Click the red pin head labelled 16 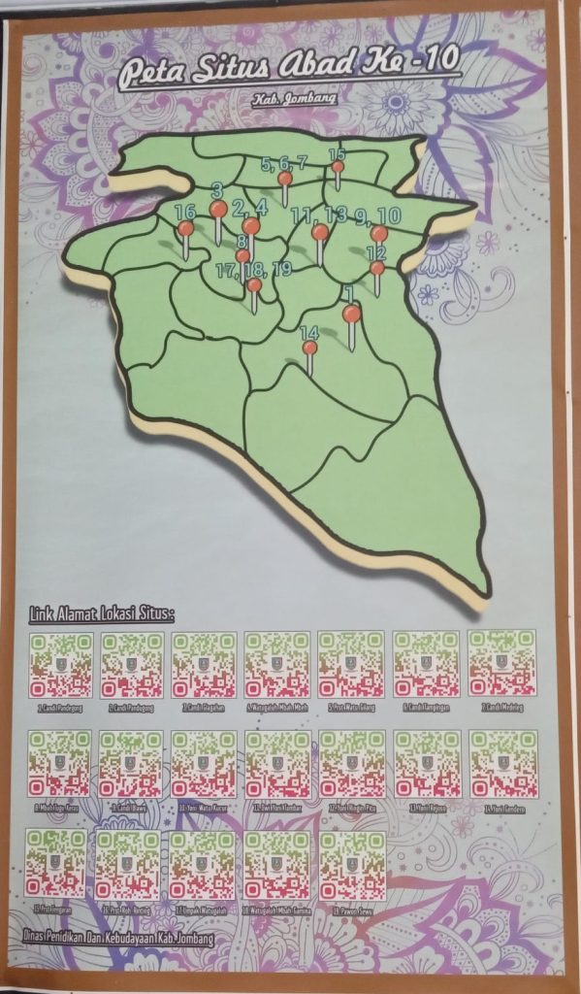pyautogui.click(x=185, y=228)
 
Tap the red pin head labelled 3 pyautogui.click(x=218, y=209)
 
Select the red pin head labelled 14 pyautogui.click(x=309, y=348)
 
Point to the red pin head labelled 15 pyautogui.click(x=338, y=167)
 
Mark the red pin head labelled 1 pyautogui.click(x=351, y=314)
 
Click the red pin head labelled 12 pyautogui.click(x=376, y=267)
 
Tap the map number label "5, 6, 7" pyautogui.click(x=284, y=163)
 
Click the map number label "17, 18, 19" pyautogui.click(x=254, y=269)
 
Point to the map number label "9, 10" pyautogui.click(x=377, y=215)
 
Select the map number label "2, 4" pyautogui.click(x=249, y=206)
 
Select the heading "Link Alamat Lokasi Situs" pyautogui.click(x=97, y=613)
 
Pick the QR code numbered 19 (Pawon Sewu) pyautogui.click(x=351, y=864)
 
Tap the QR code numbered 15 pyautogui.click(x=56, y=863)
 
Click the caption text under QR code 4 pyautogui.click(x=276, y=707)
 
